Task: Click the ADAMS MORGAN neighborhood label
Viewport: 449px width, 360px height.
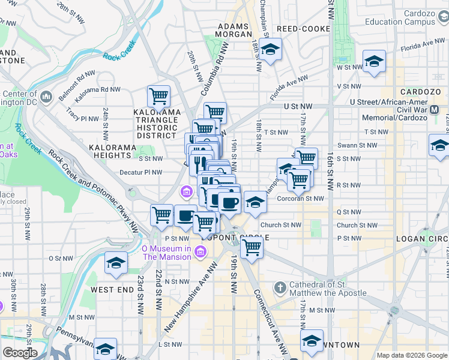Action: (234, 30)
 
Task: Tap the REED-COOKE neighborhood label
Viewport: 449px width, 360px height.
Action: (304, 29)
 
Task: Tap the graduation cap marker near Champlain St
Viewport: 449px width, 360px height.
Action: (271, 49)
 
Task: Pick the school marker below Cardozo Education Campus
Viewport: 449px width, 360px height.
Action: (374, 61)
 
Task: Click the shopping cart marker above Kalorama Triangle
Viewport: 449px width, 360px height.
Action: (158, 95)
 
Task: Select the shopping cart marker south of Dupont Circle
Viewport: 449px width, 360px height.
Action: (252, 245)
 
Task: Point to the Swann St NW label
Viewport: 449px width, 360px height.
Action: (358, 145)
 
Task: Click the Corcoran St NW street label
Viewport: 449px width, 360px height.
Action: (304, 199)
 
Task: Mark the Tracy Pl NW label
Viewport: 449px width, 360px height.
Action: (82, 112)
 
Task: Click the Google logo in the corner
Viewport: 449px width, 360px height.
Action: (19, 353)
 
